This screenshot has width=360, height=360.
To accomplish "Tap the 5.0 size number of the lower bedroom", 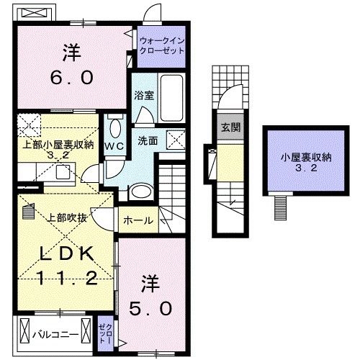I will click(x=151, y=310).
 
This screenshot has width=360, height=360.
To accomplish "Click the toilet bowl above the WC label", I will click(x=114, y=128).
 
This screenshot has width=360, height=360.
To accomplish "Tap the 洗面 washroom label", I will click(x=149, y=141).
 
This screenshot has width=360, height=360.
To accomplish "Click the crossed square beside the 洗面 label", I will click(x=175, y=140).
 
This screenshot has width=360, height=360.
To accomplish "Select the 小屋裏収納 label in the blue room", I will click(x=297, y=158).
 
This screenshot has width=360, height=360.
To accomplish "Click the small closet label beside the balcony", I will click(x=104, y=333).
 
